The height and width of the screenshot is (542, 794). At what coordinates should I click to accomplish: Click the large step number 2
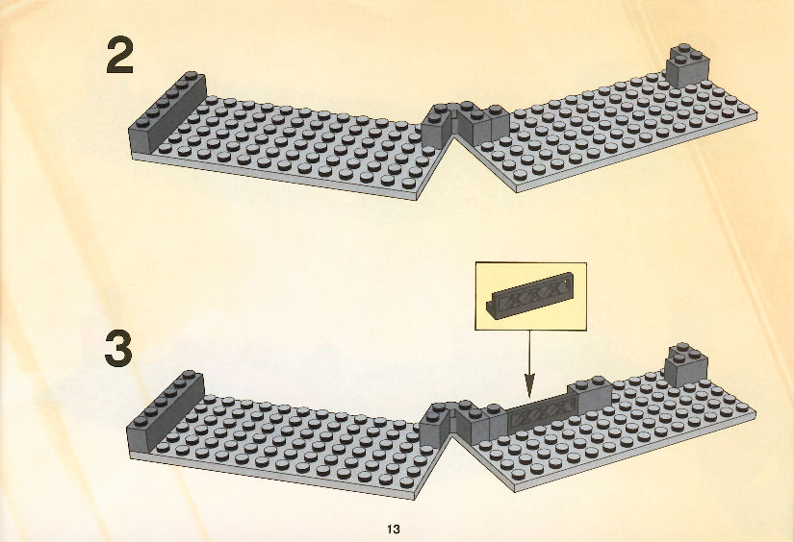pyautogui.click(x=120, y=57)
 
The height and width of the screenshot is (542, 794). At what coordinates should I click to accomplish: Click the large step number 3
pyautogui.click(x=118, y=349)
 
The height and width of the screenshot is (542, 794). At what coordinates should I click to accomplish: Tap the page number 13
pyautogui.click(x=394, y=530)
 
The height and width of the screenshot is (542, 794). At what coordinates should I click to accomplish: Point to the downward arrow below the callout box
pyautogui.click(x=529, y=364)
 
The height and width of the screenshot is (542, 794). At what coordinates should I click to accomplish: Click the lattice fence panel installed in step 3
pyautogui.click(x=543, y=412)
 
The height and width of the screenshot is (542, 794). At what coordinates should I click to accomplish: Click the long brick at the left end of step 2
pyautogui.click(x=168, y=113)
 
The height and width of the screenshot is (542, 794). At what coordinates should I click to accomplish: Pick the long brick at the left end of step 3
pyautogui.click(x=166, y=411)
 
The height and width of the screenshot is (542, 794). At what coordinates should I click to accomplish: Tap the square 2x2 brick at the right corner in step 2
pyautogui.click(x=687, y=65)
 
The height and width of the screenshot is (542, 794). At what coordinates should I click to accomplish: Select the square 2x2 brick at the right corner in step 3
pyautogui.click(x=685, y=365)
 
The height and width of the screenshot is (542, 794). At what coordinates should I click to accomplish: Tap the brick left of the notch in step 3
pyautogui.click(x=435, y=426)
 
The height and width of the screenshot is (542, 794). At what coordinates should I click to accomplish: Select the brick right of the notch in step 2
pyautogui.click(x=482, y=123)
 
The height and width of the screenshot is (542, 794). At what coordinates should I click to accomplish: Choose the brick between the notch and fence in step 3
pyautogui.click(x=480, y=423)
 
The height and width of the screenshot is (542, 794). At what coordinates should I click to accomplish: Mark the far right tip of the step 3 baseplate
pyautogui.click(x=756, y=412)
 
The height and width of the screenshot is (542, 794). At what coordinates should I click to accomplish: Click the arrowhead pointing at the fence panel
pyautogui.click(x=529, y=386)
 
